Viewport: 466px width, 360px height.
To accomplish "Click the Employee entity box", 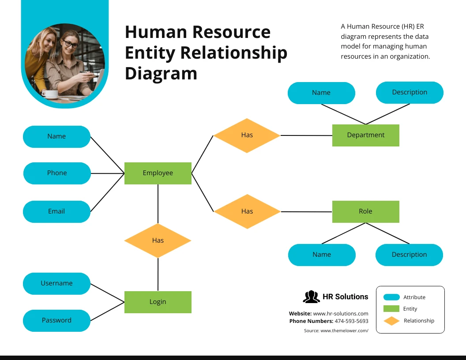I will [x=158, y=173].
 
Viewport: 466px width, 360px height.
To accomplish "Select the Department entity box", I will [x=365, y=135].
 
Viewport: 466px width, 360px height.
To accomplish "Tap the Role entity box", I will [x=365, y=211].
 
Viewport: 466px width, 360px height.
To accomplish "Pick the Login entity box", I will [x=158, y=302].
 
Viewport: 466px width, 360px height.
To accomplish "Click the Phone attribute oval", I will [x=57, y=173].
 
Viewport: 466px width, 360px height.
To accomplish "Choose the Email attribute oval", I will [x=56, y=211].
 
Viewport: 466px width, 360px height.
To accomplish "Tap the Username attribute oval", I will [x=56, y=283].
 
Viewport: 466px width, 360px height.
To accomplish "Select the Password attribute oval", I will [x=56, y=320].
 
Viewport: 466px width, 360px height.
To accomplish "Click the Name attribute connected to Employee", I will [x=56, y=136].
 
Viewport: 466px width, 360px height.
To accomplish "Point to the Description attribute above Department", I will [x=410, y=92].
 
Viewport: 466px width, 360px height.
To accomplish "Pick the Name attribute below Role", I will [x=322, y=255].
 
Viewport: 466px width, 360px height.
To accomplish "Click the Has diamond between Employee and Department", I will [x=247, y=135].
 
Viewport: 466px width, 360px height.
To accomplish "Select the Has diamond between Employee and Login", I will [x=158, y=240].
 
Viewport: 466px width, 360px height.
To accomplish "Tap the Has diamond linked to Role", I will [x=247, y=211].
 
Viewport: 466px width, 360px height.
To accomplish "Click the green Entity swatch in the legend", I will [x=391, y=309].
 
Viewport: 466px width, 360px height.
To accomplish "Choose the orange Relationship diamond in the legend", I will [x=391, y=321].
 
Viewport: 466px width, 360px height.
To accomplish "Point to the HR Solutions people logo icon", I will [x=311, y=297].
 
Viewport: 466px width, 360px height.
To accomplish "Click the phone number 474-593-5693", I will [x=351, y=321].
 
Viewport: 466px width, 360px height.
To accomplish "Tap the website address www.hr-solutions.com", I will [x=340, y=313].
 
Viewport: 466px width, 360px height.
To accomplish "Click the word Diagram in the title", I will [x=161, y=73].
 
